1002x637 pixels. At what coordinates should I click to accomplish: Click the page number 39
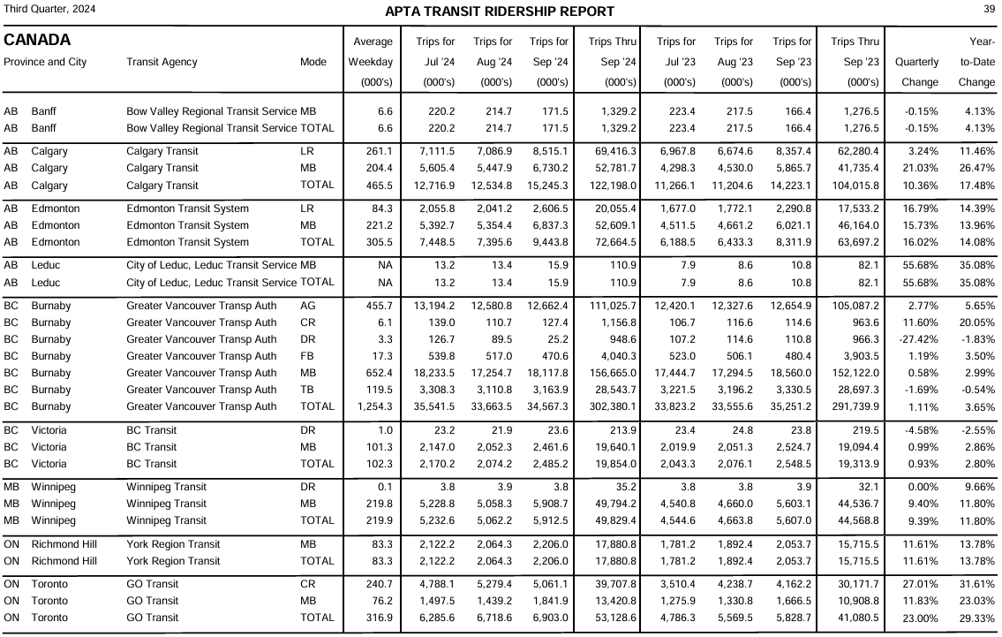(x=989, y=9)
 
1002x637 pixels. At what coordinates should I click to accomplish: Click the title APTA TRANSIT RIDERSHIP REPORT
(x=500, y=11)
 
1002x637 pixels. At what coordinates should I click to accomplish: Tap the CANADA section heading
(x=37, y=41)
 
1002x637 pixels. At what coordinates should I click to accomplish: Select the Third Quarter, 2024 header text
(x=50, y=9)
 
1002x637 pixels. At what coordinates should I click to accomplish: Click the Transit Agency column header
(x=162, y=62)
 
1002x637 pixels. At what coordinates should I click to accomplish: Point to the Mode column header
(x=312, y=62)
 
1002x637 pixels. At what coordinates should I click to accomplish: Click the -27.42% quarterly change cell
(x=916, y=339)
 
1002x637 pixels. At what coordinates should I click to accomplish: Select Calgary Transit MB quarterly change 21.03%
(x=919, y=168)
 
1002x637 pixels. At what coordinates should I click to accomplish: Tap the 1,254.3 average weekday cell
(x=374, y=406)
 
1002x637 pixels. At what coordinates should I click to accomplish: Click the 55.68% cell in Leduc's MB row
(x=919, y=265)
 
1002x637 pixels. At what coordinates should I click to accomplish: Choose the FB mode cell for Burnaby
(x=307, y=356)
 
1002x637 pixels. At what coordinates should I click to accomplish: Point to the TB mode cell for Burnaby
(x=307, y=390)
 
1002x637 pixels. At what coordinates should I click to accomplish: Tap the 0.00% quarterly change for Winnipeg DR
(x=922, y=487)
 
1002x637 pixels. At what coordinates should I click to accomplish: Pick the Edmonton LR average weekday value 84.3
(x=380, y=209)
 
